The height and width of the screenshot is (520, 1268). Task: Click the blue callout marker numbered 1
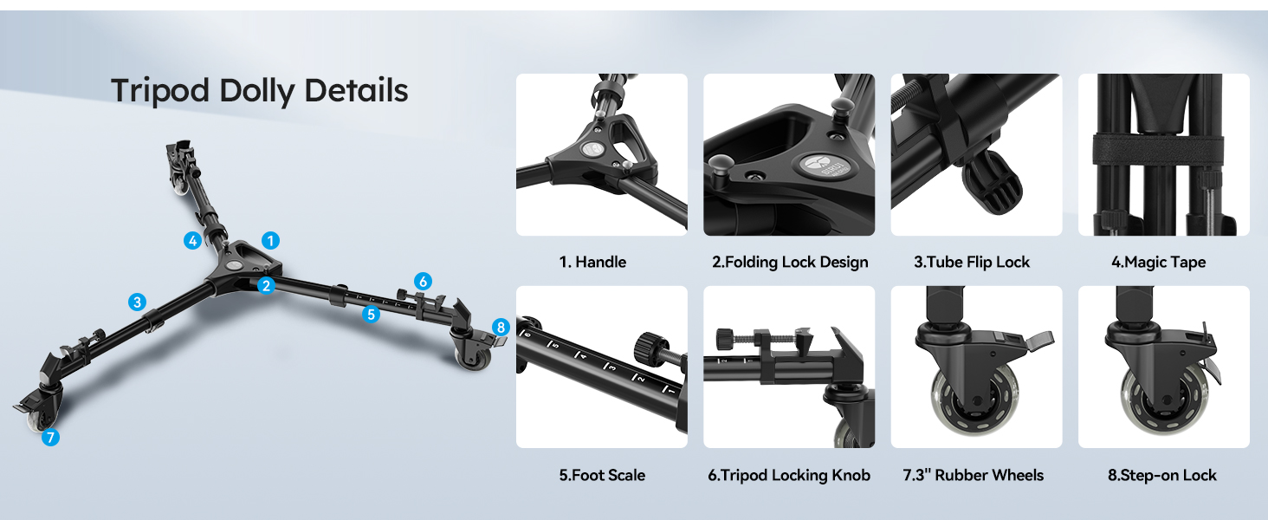(271, 240)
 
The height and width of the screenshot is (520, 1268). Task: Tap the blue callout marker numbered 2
(267, 284)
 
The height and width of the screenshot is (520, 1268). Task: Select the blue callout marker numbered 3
(137, 302)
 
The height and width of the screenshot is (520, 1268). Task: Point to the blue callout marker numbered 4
(192, 241)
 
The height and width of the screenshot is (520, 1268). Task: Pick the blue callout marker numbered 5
(372, 315)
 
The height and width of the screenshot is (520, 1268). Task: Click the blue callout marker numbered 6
(422, 281)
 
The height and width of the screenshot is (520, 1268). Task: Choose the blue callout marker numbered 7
(50, 438)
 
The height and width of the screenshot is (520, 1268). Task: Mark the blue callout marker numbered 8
(500, 328)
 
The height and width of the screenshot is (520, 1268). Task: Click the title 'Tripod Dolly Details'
(259, 90)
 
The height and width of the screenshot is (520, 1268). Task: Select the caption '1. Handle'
(592, 262)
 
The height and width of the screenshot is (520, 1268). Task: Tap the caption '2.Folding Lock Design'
(789, 262)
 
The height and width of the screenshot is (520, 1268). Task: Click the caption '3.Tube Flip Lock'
(971, 262)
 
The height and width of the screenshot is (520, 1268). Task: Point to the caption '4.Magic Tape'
(1158, 262)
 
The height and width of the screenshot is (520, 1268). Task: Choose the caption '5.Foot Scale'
(602, 475)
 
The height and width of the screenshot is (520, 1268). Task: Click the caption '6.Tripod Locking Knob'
(789, 475)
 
